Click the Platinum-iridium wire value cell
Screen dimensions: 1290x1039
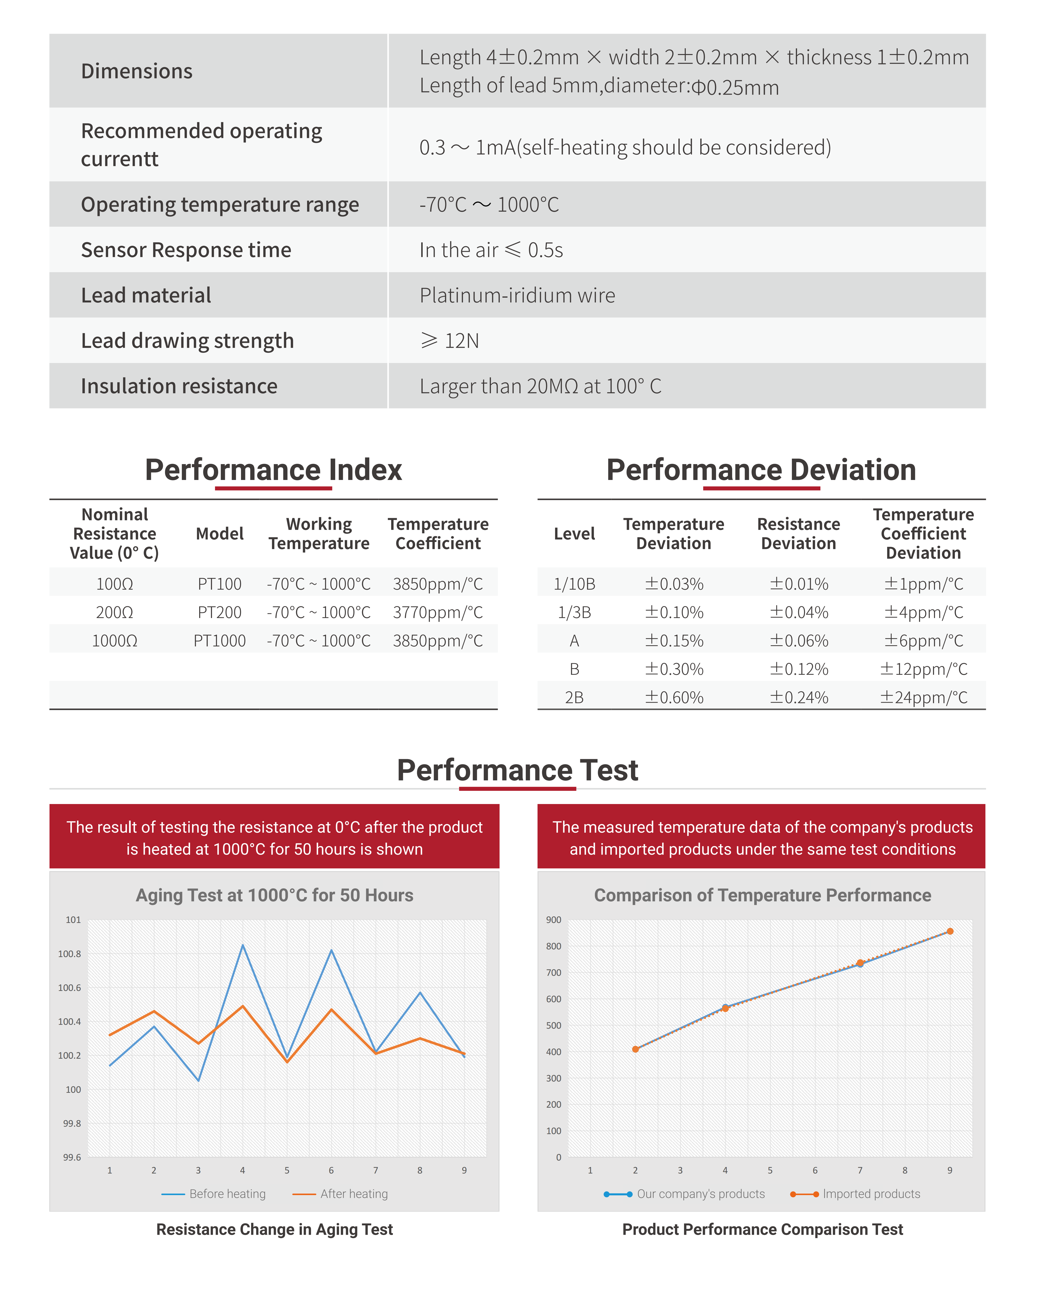tap(517, 295)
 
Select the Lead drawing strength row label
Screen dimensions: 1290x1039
tap(187, 341)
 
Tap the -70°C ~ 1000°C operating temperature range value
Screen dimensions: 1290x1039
tap(489, 205)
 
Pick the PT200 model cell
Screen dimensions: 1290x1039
tap(220, 612)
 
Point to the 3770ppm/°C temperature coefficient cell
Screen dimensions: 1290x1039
tap(438, 612)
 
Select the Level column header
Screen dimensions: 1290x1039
tap(574, 534)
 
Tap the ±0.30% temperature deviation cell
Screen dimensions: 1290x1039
tap(674, 669)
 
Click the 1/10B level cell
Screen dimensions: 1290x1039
tap(574, 584)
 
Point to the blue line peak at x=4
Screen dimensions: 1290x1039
tap(242, 945)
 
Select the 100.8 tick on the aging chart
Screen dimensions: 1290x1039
tap(69, 954)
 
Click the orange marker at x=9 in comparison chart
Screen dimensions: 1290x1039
tap(950, 932)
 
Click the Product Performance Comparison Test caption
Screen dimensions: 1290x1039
tap(762, 1229)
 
